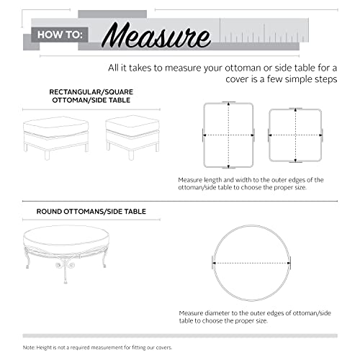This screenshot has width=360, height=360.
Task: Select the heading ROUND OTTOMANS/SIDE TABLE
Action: pos(91,212)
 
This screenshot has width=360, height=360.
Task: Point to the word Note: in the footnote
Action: pos(30,348)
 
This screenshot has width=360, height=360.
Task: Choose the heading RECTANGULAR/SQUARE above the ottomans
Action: pos(85,93)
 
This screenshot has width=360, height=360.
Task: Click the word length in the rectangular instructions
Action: pos(218,179)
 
